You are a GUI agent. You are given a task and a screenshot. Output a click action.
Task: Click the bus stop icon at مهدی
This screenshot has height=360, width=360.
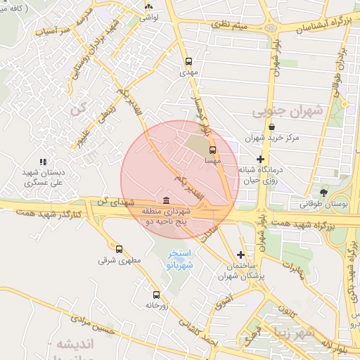coord(188,61)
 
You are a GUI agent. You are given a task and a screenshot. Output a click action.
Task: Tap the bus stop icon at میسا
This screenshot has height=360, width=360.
coord(212,150)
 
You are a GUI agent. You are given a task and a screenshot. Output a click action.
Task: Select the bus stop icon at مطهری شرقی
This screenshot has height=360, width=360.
coord(119,249)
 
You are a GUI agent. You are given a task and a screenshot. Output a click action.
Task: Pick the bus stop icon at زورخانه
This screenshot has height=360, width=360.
coord(156,295)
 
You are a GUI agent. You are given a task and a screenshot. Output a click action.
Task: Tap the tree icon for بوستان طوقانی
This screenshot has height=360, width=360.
coord(323,192)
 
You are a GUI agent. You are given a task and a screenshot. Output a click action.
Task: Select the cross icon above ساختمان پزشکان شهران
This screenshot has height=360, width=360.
coord(241,255)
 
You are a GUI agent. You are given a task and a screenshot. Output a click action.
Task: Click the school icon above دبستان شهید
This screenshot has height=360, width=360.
coord(42,162)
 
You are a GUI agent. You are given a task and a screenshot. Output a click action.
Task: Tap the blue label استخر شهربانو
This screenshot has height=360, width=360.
coord(184,259)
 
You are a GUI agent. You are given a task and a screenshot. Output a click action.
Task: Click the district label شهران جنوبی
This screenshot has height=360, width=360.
coord(286,110)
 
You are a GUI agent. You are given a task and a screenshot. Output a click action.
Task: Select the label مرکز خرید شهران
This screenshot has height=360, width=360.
coord(273,138)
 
